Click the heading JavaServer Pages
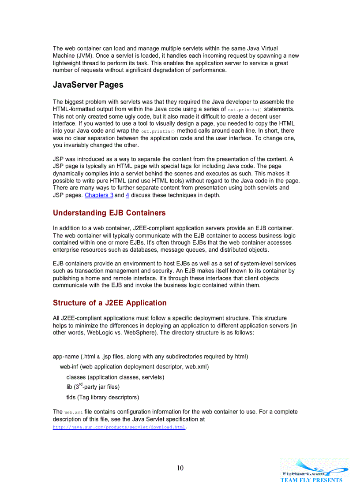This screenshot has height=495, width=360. tap(88, 85)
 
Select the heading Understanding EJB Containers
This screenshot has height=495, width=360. tap(109, 213)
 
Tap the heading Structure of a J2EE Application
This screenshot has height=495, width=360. tap(109, 303)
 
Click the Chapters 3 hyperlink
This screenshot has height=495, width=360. tap(99, 195)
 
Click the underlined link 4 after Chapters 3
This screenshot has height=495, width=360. tap(127, 195)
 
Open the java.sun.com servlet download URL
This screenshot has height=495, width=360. tap(119, 428)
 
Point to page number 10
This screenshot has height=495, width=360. tap(180, 468)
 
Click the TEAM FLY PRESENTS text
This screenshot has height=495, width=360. tap(311, 480)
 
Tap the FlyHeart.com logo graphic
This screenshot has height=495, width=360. tap(315, 469)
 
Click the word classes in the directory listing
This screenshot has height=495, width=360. tap(76, 377)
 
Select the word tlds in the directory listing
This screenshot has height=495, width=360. tap(71, 398)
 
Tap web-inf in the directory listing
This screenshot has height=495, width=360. tap(69, 367)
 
